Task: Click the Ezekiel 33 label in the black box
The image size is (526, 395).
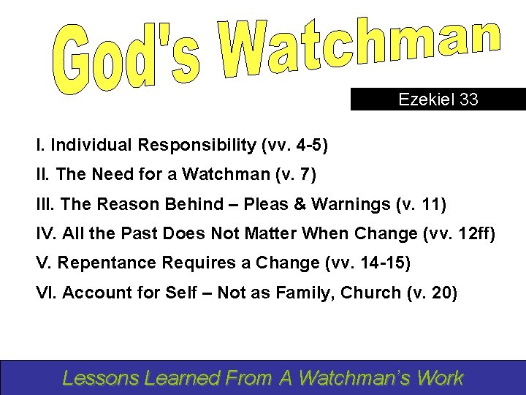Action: coord(438,99)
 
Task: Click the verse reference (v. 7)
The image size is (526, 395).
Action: coord(291,176)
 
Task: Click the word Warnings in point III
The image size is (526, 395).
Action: coord(349,205)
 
